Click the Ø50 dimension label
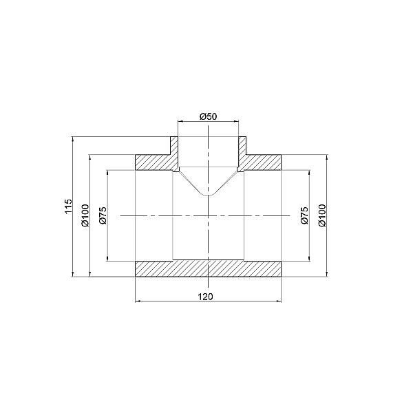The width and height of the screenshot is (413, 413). (x=209, y=116)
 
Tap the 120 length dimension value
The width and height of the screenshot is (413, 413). (x=209, y=297)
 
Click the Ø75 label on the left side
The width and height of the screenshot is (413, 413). (x=103, y=215)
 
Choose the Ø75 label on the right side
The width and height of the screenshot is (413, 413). (x=304, y=215)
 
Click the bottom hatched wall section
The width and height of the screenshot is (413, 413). (x=209, y=269)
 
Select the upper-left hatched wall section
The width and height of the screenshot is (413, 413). (x=153, y=162)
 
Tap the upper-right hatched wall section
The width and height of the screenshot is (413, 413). (x=264, y=162)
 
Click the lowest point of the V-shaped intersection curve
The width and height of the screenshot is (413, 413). (x=209, y=196)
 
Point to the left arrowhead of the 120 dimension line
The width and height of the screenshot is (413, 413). (x=137, y=301)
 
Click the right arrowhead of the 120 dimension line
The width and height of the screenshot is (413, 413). (x=280, y=301)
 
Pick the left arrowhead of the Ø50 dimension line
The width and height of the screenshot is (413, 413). (x=180, y=121)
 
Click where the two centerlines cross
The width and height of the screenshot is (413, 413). (x=209, y=216)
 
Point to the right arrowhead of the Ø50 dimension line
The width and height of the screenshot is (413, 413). (x=237, y=121)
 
